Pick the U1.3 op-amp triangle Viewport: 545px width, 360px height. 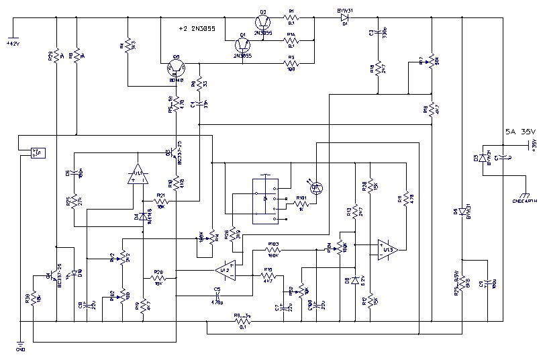click(x=387, y=249)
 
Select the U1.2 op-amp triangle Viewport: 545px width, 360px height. click(x=225, y=271)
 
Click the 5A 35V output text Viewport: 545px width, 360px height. click(x=518, y=132)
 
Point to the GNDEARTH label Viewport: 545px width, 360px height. click(x=525, y=199)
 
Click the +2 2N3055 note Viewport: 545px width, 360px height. click(x=200, y=29)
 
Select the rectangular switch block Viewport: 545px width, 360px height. click(x=266, y=200)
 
